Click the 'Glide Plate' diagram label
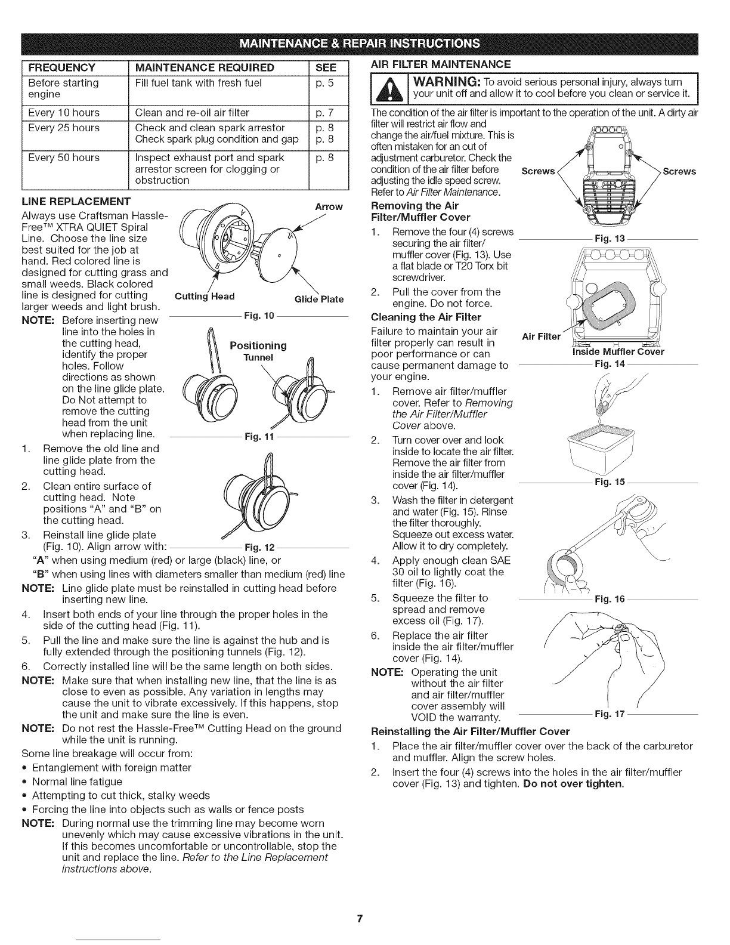pos(319,299)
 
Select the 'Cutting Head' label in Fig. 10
pos(205,297)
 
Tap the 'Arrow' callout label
pos(329,207)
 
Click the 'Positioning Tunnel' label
pos(258,351)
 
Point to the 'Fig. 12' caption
pos(258,547)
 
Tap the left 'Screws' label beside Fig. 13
pos(538,172)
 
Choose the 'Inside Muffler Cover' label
pos(617,351)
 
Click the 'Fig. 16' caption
pos(609,600)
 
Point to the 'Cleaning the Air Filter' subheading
pos(426,316)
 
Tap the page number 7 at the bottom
pos(358,918)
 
